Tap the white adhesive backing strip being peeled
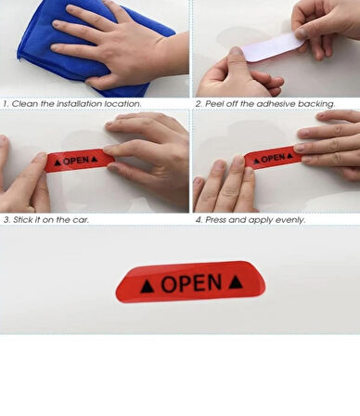pyautogui.click(x=272, y=47)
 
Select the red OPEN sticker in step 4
pyautogui.click(x=272, y=159)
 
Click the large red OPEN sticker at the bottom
pyautogui.click(x=190, y=282)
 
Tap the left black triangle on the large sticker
pyautogui.click(x=148, y=287)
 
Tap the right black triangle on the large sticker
pyautogui.click(x=236, y=281)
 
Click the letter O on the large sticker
pyautogui.click(x=169, y=284)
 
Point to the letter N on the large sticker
pyautogui.click(x=213, y=282)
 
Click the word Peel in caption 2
pyautogui.click(x=214, y=104)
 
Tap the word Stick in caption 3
pyautogui.click(x=22, y=220)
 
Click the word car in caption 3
pyautogui.click(x=81, y=220)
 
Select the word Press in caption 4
pyautogui.click(x=216, y=220)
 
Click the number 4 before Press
pyautogui.click(x=199, y=220)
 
